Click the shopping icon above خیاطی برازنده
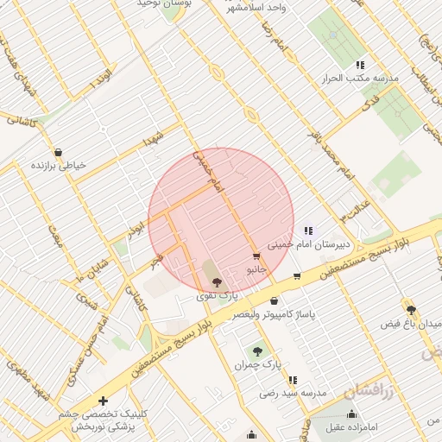(x=57, y=151)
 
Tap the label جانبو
(x=258, y=269)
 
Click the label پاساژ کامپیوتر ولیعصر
(x=275, y=314)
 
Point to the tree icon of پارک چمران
(x=257, y=351)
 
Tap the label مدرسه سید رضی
(x=294, y=393)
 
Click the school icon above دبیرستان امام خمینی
(x=309, y=230)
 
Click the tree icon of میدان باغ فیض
(x=411, y=309)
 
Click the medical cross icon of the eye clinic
(x=104, y=401)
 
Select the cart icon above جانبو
(x=256, y=256)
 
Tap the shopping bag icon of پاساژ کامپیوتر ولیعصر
(x=275, y=301)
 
